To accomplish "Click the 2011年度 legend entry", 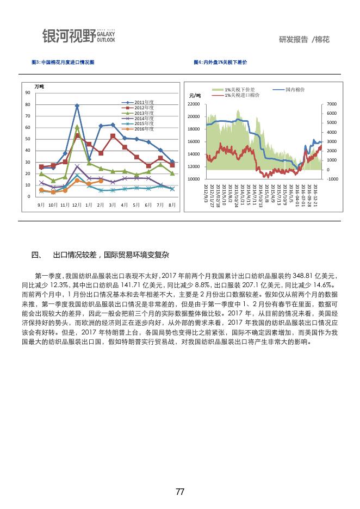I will [x=144, y=102].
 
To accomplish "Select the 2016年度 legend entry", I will [x=144, y=129].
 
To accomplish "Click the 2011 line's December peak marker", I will [x=77, y=105].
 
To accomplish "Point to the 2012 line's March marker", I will [x=113, y=135].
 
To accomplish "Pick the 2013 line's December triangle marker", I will [x=77, y=127].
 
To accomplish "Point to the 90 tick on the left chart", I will [x=28, y=93].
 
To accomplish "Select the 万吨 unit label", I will [x=39, y=87].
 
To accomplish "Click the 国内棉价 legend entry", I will [x=294, y=89].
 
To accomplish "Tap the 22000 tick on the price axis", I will [x=194, y=104].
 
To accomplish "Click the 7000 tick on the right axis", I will [x=333, y=104].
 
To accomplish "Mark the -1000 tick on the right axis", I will [x=333, y=179].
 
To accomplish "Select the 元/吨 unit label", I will [x=195, y=96].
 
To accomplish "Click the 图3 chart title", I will [x=63, y=63].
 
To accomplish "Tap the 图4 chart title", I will [x=220, y=63].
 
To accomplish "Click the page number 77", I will [x=180, y=492].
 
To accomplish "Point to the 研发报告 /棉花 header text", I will [x=304, y=40].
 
